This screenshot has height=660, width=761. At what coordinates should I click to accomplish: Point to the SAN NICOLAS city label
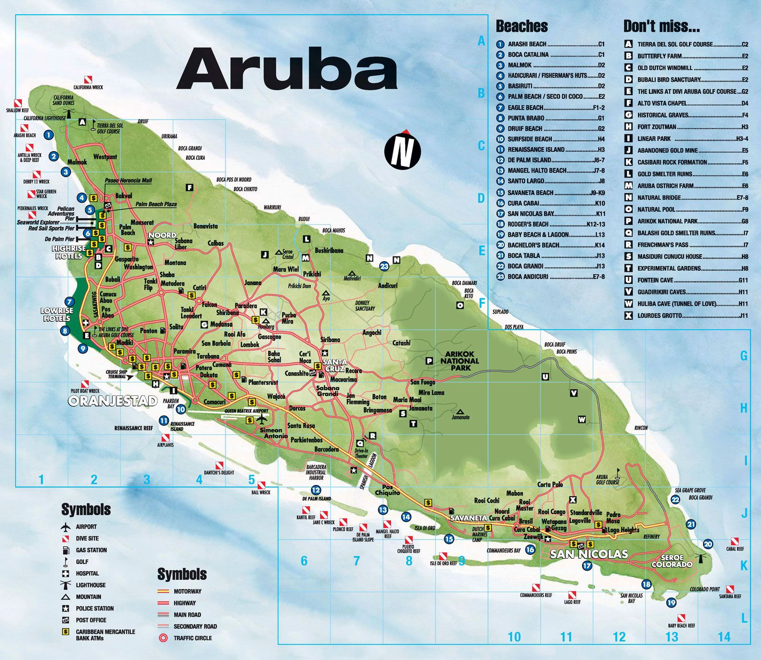coord(589,554)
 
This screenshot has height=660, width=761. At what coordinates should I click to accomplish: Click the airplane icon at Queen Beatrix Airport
coord(261,419)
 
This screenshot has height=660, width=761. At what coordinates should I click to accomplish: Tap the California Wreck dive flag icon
coord(88,79)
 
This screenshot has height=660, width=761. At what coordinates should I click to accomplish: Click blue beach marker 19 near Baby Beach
coord(671,602)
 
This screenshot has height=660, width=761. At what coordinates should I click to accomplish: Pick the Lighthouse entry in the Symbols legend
coord(90,585)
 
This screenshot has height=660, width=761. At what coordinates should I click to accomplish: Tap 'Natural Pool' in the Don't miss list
coord(656,209)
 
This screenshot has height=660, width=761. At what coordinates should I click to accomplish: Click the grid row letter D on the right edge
coord(481,198)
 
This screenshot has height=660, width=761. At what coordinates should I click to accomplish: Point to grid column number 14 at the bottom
coord(723,637)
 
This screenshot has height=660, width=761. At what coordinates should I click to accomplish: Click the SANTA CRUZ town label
coord(334,365)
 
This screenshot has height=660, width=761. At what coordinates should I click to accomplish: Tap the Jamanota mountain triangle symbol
coord(460,411)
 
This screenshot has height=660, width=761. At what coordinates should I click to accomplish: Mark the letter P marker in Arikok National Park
coord(429,361)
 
